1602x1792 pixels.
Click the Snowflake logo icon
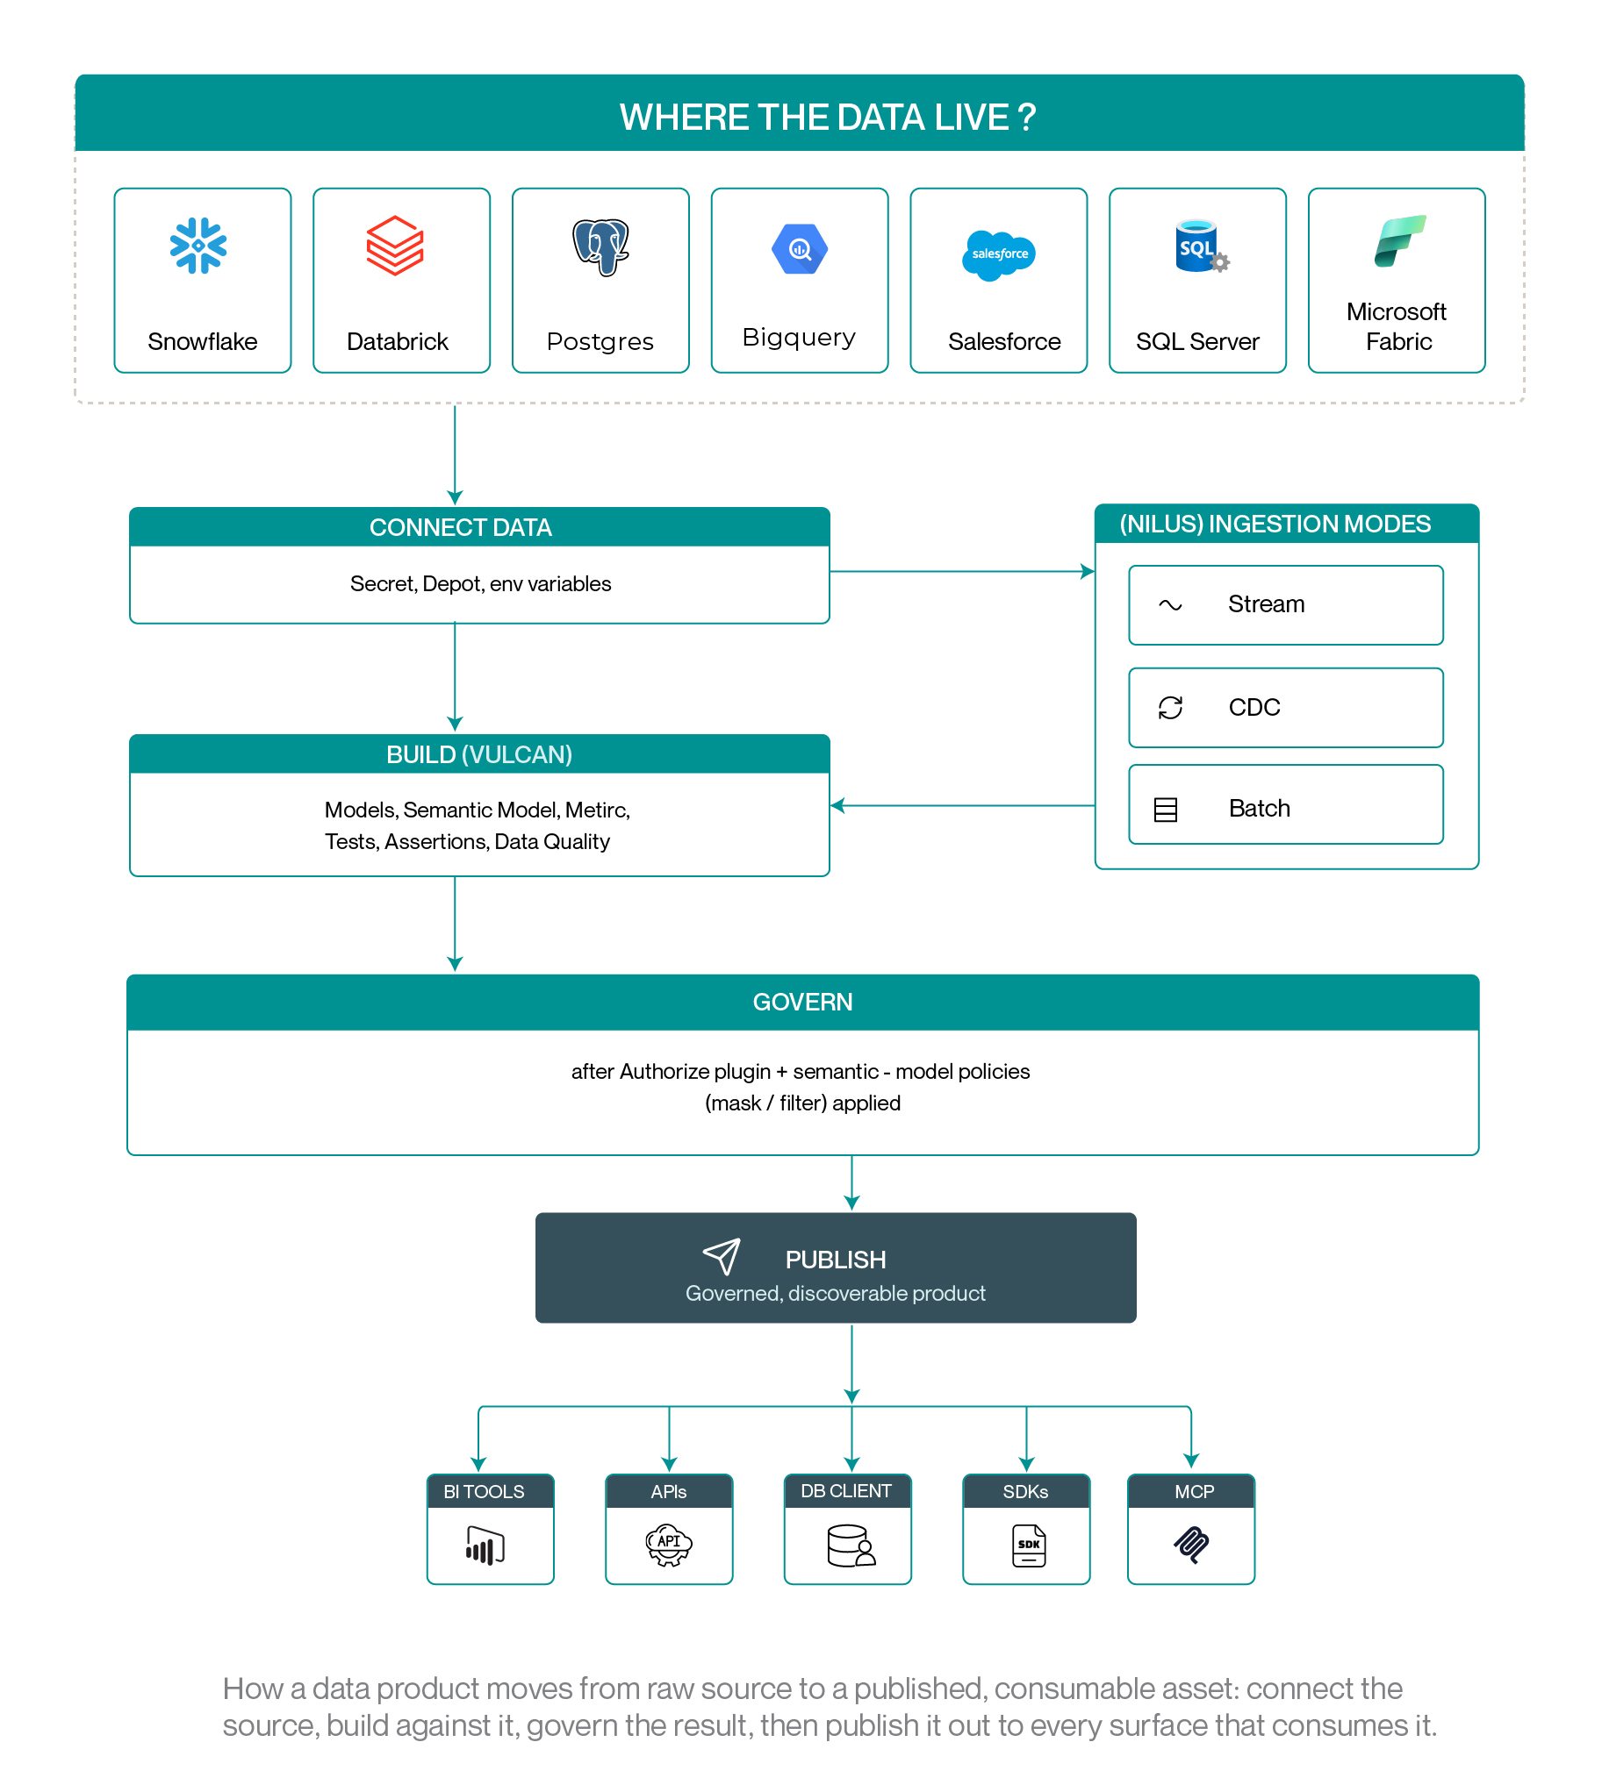coord(198,246)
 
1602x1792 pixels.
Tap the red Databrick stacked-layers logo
coord(395,246)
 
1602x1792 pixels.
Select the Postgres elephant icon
coord(601,247)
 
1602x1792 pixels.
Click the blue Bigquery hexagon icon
coord(799,249)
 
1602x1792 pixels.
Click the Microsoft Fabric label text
coord(1397,326)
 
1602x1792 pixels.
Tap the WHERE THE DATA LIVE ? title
coord(828,117)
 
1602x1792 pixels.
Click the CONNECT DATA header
coord(460,527)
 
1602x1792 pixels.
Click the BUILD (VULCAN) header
coord(478,754)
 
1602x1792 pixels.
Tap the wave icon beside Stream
coord(1170,604)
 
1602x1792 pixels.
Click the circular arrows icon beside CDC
coord(1170,707)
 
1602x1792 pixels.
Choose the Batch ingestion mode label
coord(1259,808)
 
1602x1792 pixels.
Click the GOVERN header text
coord(802,1001)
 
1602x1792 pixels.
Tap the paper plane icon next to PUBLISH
coord(722,1256)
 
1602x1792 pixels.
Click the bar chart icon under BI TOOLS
coord(485,1546)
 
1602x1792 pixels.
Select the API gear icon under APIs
coord(669,1545)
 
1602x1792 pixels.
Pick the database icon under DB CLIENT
coord(851,1546)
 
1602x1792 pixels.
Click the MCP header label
coord(1194,1491)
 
